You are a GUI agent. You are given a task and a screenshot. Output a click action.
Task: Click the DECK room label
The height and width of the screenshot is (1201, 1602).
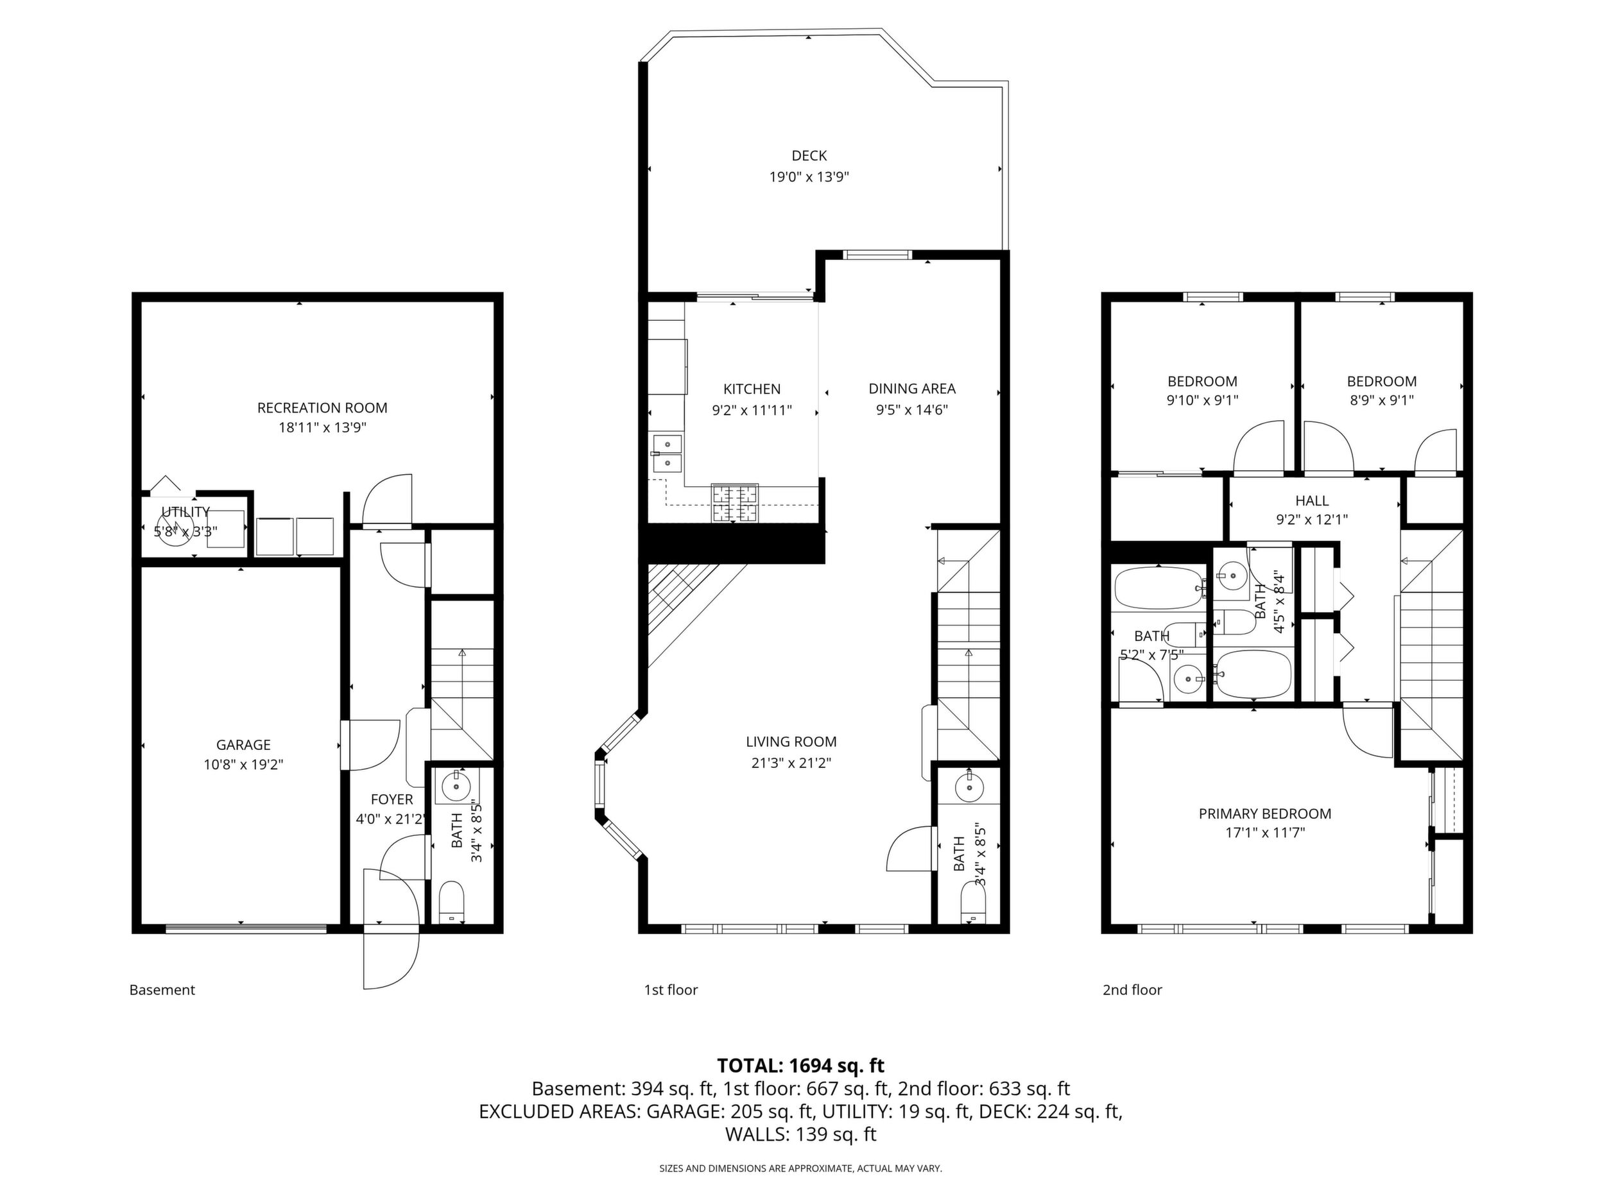point(809,156)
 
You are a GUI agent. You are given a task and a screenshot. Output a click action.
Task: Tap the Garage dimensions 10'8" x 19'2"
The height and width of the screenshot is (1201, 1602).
point(243,765)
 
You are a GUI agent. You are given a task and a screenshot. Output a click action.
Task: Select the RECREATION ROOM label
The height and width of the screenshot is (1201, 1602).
point(322,408)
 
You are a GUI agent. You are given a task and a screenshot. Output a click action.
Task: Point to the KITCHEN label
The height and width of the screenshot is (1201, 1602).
point(752,389)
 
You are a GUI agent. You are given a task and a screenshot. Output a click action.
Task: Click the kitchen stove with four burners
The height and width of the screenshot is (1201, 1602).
point(735,503)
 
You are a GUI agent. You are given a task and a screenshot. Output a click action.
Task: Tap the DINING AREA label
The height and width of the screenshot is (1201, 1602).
point(913,389)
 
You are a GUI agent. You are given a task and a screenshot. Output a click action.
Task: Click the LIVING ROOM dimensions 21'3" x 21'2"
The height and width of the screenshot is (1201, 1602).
point(791,762)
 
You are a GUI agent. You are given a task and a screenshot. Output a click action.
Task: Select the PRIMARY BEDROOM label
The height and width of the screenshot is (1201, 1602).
point(1265,813)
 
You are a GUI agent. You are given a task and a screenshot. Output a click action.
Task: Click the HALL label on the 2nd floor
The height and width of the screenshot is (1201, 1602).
point(1313,501)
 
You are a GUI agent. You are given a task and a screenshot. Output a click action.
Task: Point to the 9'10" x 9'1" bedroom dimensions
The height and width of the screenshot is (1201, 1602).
point(1202,400)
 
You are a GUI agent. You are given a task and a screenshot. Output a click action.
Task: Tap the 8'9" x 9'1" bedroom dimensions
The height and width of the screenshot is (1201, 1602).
point(1382,400)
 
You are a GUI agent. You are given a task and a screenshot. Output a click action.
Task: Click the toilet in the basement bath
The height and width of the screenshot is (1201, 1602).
point(452,902)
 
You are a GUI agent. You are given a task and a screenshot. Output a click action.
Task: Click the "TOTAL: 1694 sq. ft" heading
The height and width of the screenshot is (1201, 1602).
point(800,1066)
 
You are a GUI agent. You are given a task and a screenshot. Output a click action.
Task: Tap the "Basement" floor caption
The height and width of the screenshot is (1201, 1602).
point(162,990)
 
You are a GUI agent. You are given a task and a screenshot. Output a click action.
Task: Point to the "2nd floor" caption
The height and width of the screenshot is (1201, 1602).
point(1132,990)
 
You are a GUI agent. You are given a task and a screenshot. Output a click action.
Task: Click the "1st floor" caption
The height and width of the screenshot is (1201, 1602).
point(671,990)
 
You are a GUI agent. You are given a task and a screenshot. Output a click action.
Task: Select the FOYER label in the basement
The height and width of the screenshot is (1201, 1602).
point(392,800)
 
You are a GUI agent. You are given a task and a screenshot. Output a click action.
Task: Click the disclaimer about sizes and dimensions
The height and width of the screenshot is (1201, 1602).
point(800,1168)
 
